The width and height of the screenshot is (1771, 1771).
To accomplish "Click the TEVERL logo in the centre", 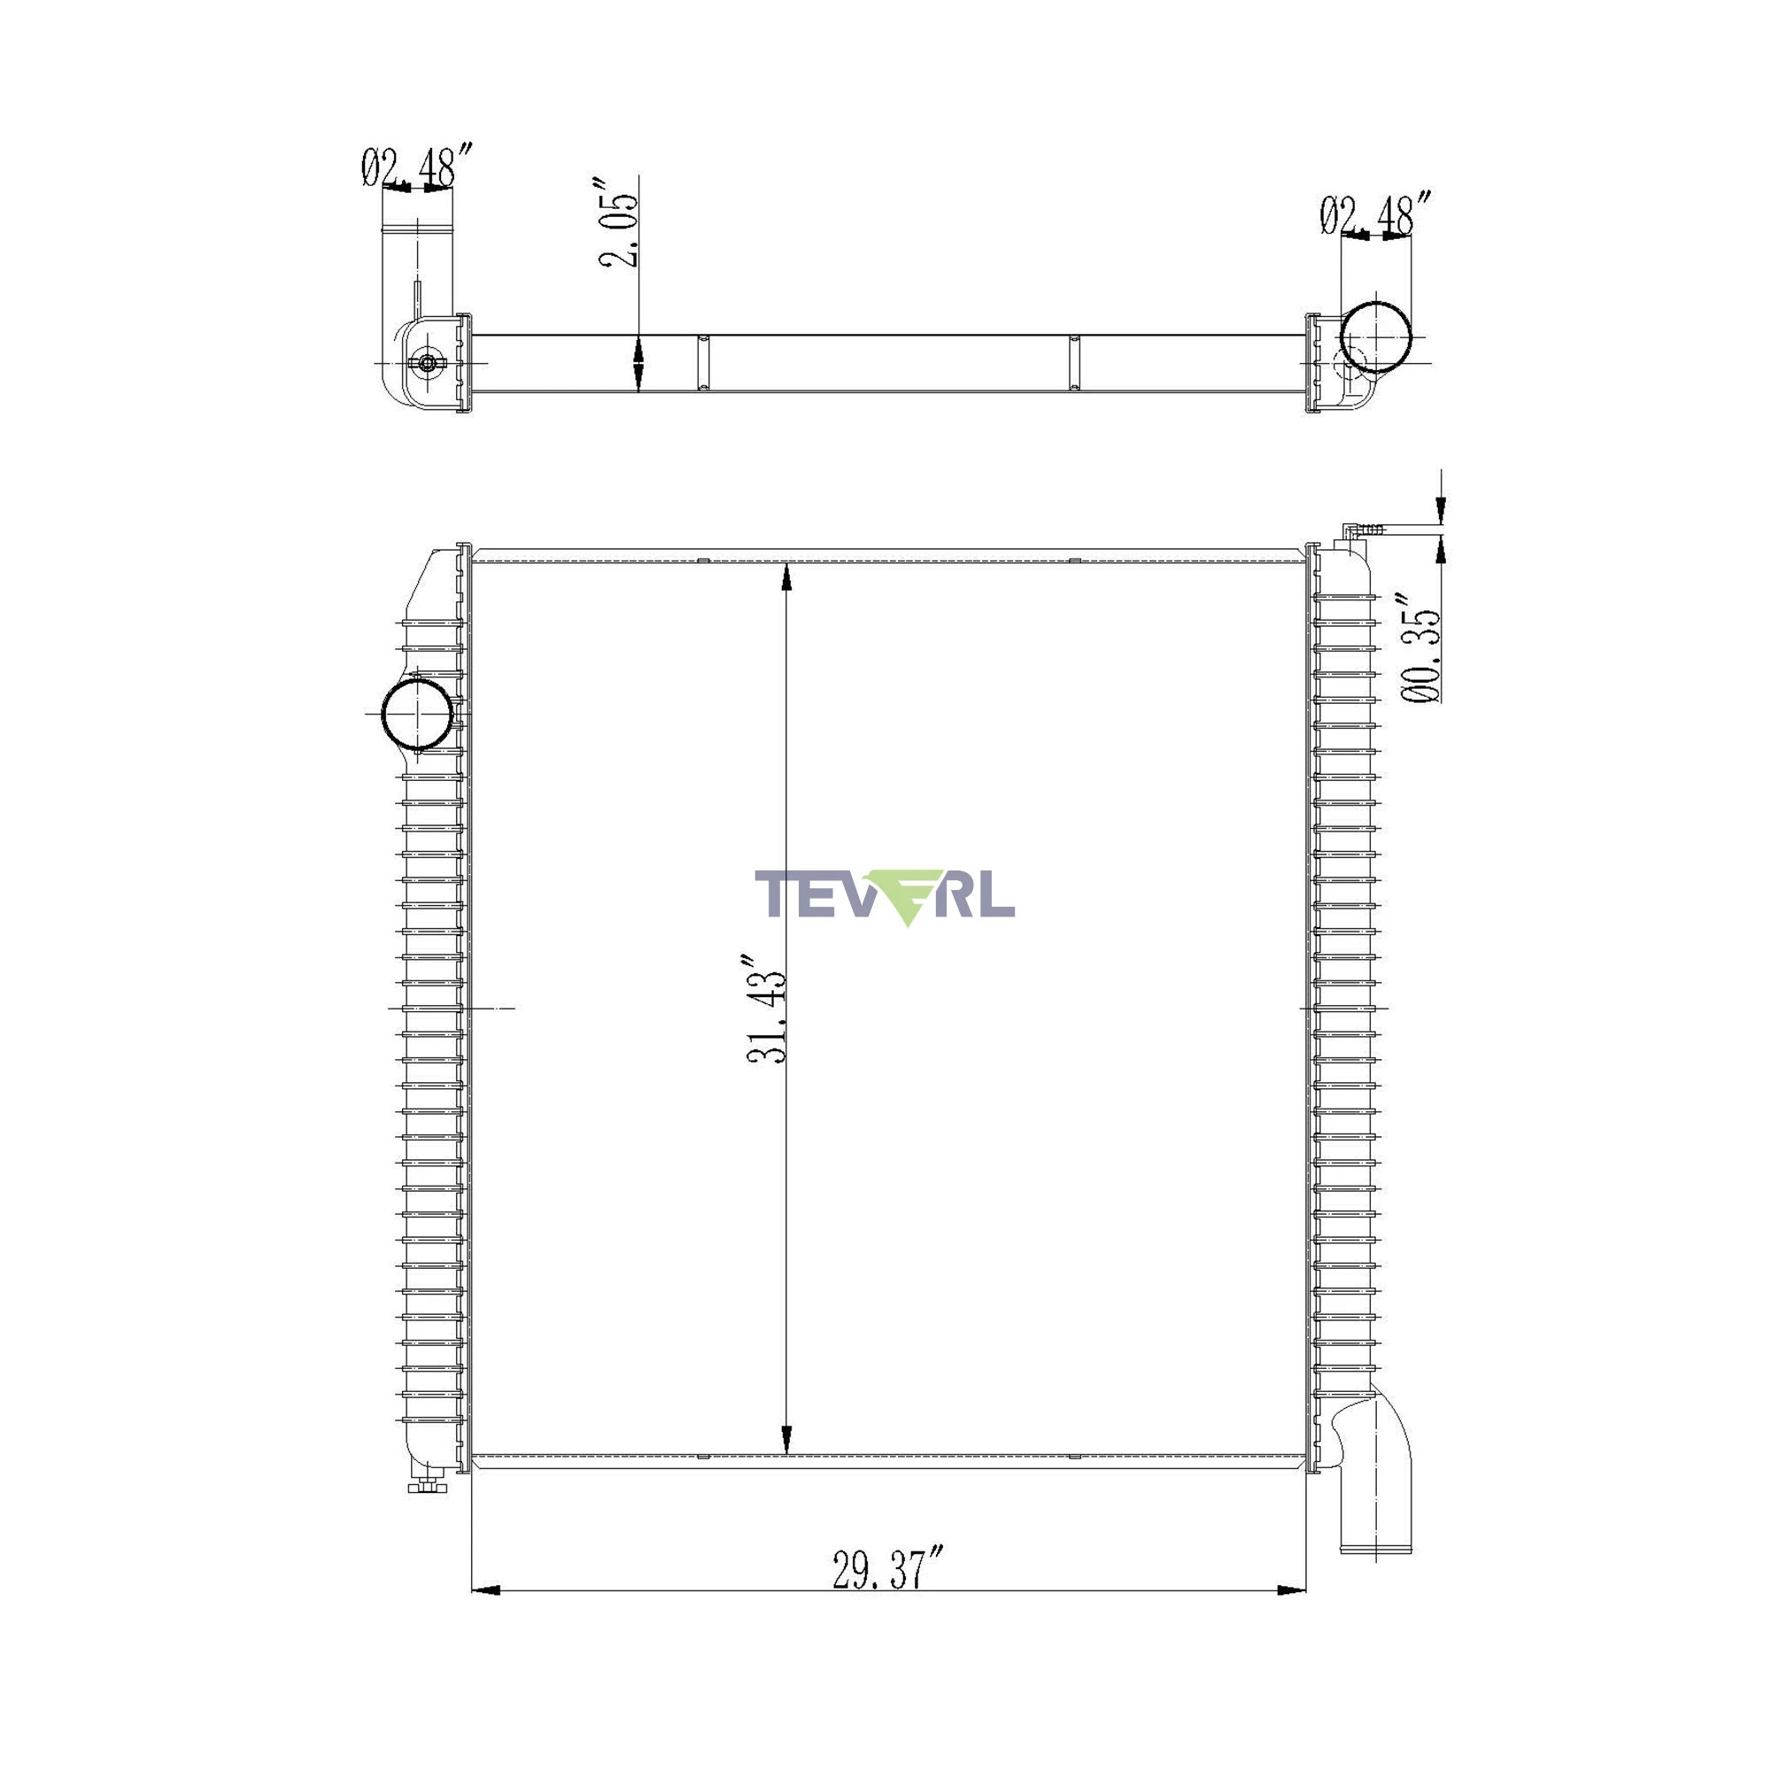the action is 884,896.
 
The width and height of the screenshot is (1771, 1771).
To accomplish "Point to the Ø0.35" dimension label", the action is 1420,647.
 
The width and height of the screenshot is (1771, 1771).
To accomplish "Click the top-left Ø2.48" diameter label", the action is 417,166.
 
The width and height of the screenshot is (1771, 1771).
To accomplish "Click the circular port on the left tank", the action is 417,713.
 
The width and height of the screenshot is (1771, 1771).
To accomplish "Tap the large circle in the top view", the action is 1376,336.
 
